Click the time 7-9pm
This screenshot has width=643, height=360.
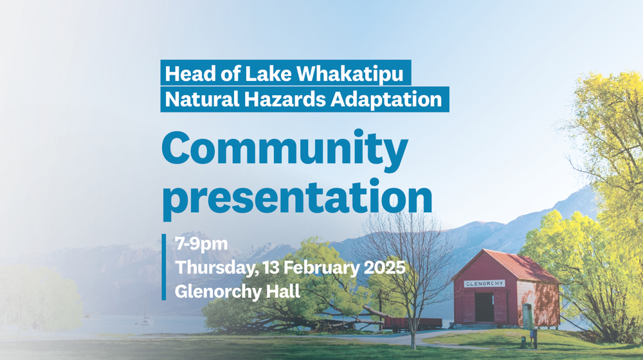click(201, 244)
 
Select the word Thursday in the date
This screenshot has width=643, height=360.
click(213, 268)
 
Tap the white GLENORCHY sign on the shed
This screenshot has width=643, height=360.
click(484, 283)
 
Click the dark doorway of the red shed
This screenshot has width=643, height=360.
click(484, 307)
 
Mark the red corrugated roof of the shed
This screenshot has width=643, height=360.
click(514, 264)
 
